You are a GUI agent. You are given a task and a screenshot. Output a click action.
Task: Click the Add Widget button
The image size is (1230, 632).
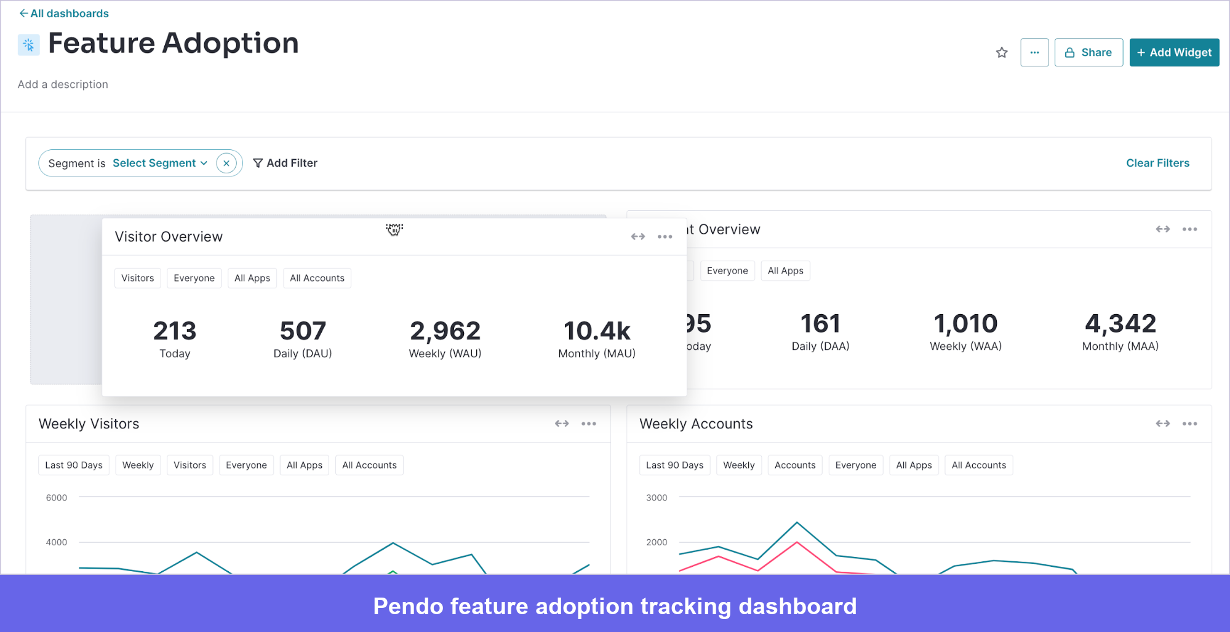coord(1174,52)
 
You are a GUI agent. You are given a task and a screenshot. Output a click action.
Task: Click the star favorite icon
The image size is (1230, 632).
coord(1002,52)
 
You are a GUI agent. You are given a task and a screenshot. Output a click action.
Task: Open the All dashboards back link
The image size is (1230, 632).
coord(64,14)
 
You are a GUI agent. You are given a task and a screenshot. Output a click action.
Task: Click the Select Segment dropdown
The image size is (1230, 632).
coord(159,163)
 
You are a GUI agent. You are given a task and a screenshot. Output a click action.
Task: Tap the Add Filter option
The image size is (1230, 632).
coord(286,163)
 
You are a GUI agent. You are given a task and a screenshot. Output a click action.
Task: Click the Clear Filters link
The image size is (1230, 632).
coord(1157,163)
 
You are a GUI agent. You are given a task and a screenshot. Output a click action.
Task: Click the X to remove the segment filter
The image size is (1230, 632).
coord(226,163)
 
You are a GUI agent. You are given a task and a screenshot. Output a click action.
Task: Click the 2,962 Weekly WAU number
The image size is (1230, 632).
coord(445,331)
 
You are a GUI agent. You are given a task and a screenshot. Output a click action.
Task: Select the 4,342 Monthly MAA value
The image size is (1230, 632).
coord(1120,324)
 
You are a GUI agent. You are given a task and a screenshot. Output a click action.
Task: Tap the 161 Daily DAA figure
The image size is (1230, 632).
coord(820,324)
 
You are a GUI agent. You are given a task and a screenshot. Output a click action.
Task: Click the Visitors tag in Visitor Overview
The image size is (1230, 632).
coord(137,278)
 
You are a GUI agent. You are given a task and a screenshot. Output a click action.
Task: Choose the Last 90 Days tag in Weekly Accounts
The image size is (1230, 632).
coord(674,465)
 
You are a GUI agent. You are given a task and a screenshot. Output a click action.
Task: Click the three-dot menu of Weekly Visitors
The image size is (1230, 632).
coord(589,424)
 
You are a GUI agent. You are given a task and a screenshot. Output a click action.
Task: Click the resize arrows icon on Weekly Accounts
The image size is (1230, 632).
coord(1162,424)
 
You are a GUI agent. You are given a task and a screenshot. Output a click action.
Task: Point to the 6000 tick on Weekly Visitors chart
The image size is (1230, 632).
coord(57,497)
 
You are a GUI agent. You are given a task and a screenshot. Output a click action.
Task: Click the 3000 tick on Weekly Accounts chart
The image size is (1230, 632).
coord(657,497)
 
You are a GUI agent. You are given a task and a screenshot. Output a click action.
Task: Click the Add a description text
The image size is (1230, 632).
coord(63,84)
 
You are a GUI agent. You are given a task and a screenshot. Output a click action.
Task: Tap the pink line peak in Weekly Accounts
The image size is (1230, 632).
coord(797,542)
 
